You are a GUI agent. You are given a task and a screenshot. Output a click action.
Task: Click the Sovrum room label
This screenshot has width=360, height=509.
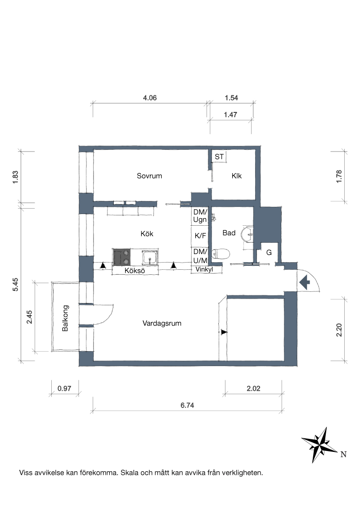pyautogui.click(x=149, y=176)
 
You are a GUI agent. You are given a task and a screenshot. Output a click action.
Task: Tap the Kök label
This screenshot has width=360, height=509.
pyautogui.click(x=147, y=234)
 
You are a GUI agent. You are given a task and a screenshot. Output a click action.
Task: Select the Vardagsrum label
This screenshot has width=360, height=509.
pyautogui.click(x=162, y=323)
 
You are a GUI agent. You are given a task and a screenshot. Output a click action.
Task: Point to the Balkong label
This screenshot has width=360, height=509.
pyautogui.click(x=65, y=318)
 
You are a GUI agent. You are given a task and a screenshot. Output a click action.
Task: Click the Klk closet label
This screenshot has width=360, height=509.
pyautogui.click(x=237, y=176)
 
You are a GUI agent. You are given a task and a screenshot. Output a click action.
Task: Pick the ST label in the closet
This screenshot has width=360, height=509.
pyautogui.click(x=219, y=157)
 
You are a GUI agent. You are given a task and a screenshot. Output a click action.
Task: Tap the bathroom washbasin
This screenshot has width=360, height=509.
pyautogui.click(x=247, y=233)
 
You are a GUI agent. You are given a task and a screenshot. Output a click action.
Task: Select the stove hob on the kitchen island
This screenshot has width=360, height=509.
pyautogui.click(x=121, y=257)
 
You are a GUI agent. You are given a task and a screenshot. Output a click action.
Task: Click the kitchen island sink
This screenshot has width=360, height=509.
pyautogui.click(x=150, y=257)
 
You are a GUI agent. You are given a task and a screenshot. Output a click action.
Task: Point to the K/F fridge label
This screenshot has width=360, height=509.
pyautogui.click(x=200, y=236)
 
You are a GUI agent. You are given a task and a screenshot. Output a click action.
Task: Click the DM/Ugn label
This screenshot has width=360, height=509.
pyautogui.click(x=200, y=216)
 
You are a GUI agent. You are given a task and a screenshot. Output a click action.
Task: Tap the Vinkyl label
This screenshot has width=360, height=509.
pyautogui.click(x=204, y=269)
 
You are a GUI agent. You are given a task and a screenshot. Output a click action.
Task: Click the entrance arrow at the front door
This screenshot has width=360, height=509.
pyautogui.click(x=304, y=282)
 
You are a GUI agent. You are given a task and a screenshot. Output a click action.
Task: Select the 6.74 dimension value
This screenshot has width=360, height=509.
pyautogui.click(x=188, y=406)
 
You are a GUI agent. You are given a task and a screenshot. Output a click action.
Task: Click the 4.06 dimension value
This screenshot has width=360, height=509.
pyautogui.click(x=150, y=98)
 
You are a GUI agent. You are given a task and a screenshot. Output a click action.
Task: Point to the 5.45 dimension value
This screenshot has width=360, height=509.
pyautogui.click(x=15, y=285)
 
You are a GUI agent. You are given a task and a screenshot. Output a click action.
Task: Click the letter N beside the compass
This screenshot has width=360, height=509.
pyautogui.click(x=343, y=455)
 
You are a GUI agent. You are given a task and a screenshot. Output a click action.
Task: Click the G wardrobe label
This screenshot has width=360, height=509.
pyautogui.click(x=269, y=253)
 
